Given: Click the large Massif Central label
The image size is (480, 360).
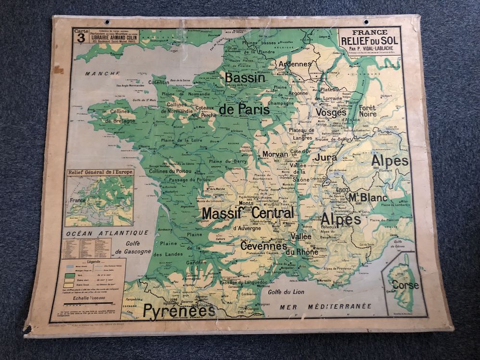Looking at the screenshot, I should coord(248,213).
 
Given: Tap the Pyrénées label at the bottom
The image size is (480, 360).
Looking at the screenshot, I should coord(179,311).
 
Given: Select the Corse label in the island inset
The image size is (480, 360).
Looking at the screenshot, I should coord(405,285).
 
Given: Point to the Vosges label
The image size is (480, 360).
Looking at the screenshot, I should coord(331,112).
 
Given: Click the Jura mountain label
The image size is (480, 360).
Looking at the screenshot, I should coord(325,157).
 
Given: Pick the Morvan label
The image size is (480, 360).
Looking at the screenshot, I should coord(275,155).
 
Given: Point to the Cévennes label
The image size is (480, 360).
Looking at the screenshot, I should coord(264,246).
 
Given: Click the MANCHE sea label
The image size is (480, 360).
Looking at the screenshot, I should coord(102,73).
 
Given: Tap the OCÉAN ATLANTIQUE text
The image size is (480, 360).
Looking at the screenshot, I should coord(108,233).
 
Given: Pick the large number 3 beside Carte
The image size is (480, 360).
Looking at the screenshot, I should coord(81,40).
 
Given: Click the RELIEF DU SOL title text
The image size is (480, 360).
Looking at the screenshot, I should coord(369,40).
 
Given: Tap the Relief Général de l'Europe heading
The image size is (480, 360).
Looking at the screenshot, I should coord(100,172).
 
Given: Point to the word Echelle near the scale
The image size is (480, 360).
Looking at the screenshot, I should coord(81,297).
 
